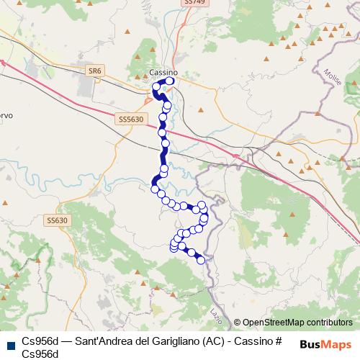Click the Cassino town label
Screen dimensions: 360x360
pyautogui.click(x=164, y=72)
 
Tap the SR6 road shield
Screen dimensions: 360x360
pyautogui.click(x=94, y=70)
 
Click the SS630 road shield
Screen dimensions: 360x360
pyautogui.click(x=55, y=220)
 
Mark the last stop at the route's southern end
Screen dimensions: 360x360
pyautogui.click(x=201, y=260)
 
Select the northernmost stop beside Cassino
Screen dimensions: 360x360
pyautogui.click(x=171, y=81)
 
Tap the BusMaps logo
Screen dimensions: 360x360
pyautogui.click(x=326, y=343)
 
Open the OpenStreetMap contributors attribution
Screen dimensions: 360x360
pyautogui.click(x=296, y=322)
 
